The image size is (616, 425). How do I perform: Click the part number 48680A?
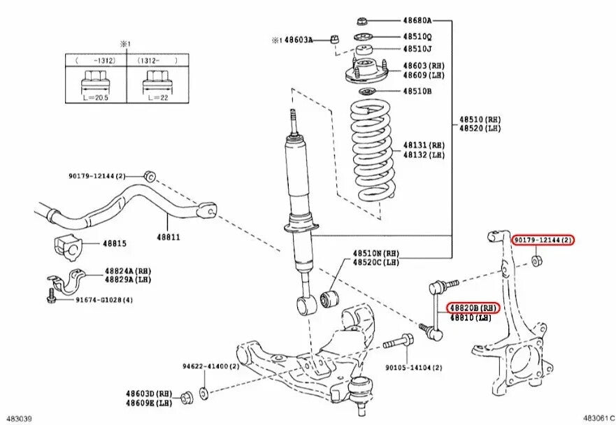click(x=417, y=22)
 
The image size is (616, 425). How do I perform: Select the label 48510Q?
click(x=417, y=36)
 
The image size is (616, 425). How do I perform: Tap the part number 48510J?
click(x=417, y=49)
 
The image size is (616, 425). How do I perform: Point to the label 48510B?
click(x=417, y=92)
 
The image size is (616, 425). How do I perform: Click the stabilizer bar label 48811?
click(x=168, y=237)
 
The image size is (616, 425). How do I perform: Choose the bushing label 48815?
click(x=115, y=243)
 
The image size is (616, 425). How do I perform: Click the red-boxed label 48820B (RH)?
click(x=473, y=308)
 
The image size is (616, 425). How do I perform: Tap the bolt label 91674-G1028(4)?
click(x=104, y=300)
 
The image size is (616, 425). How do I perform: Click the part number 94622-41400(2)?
click(x=210, y=366)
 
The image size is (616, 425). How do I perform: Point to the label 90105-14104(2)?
click(x=413, y=366)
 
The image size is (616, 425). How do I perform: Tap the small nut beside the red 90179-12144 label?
click(x=536, y=261)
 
